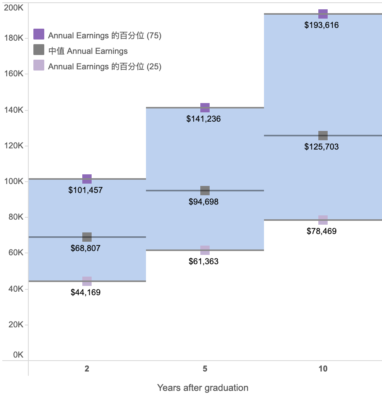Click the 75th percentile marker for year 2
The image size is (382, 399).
87,179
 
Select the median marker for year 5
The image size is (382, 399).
205,191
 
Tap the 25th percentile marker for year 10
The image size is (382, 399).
323,220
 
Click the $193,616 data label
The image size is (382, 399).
321,25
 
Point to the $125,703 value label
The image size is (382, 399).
321,147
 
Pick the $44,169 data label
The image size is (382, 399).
85,292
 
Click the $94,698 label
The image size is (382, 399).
203,202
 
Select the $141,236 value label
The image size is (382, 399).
203,119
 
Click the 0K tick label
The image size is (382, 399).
18,355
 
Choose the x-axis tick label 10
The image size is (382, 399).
323,369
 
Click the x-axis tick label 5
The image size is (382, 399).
205,369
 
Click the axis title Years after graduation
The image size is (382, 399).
203,388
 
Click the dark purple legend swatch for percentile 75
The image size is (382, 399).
39,34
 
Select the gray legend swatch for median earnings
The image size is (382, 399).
39,50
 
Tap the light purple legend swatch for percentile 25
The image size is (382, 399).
39,65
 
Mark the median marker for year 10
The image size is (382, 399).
323,136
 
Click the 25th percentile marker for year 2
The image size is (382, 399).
87,281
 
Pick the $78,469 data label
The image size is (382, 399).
321,231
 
